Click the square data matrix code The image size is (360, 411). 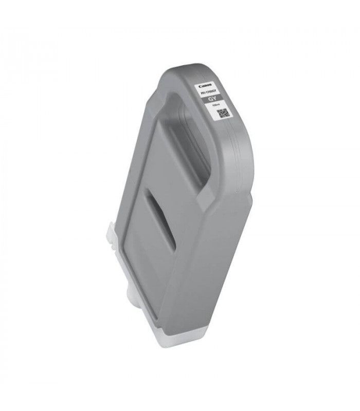point(222,114)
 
